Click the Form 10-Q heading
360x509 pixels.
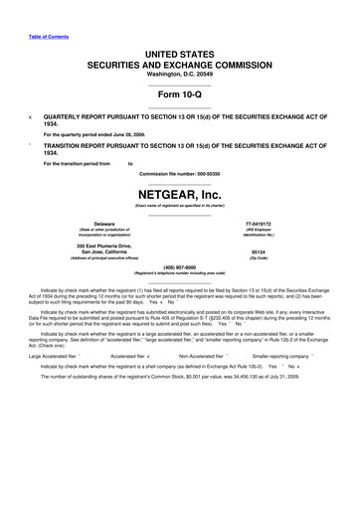179,93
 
